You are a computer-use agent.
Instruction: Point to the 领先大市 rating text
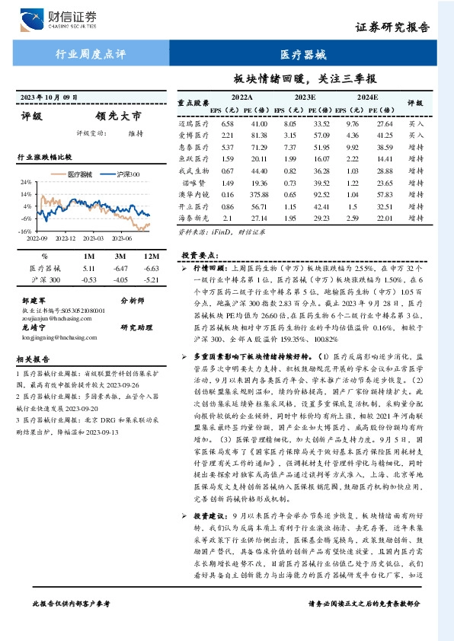coord(117,117)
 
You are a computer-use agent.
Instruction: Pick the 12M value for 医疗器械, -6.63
coord(150,269)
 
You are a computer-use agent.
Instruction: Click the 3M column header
coord(119,256)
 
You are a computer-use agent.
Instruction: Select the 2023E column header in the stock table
coord(305,97)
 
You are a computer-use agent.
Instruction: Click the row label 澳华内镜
coord(193,195)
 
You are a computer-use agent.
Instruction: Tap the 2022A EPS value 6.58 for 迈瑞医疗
coord(227,123)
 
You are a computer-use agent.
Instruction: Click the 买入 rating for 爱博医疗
coord(416,135)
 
